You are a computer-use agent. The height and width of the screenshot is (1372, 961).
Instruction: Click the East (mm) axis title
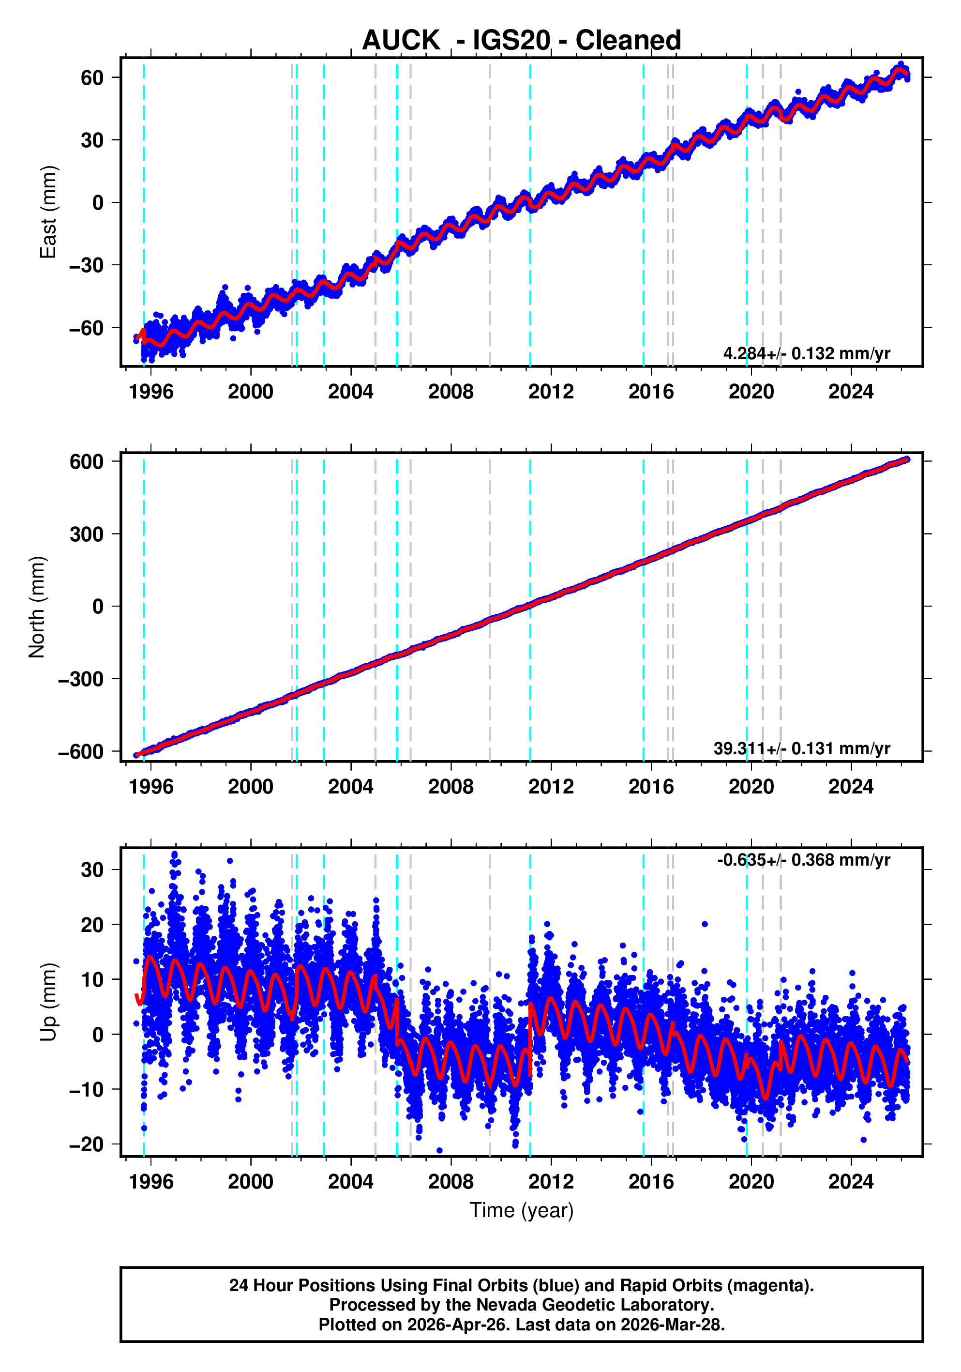tap(48, 212)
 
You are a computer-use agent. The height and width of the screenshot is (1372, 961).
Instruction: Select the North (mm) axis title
tap(37, 607)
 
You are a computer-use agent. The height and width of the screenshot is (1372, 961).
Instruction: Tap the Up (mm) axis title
tap(48, 1002)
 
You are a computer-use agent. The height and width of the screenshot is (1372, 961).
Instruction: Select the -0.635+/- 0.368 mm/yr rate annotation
tap(803, 860)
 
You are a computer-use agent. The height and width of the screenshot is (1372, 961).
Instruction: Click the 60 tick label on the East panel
tap(92, 77)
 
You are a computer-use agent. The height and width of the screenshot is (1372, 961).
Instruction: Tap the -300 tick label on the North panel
tap(81, 679)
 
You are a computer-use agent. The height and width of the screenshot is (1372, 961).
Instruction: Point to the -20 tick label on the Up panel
tap(86, 1144)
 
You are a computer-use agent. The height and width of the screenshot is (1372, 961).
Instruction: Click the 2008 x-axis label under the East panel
tap(450, 392)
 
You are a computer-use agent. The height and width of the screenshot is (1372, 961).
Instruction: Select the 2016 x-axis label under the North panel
tap(650, 787)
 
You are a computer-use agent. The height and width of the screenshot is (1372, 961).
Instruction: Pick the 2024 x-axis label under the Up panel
tap(851, 1182)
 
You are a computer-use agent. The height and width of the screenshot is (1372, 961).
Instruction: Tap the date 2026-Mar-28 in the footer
tap(671, 1325)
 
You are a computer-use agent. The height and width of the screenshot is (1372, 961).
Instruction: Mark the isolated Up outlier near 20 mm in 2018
tap(705, 924)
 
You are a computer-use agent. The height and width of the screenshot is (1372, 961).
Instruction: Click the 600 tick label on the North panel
tap(86, 462)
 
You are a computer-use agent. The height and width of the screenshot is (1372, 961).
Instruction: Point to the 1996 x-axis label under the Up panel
tap(150, 1182)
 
